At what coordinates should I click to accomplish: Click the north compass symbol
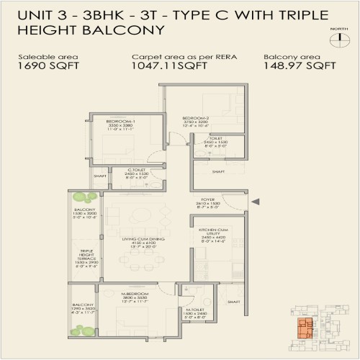click(x=335, y=38)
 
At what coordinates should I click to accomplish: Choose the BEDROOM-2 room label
click(x=196, y=118)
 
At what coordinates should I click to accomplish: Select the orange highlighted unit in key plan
click(x=305, y=330)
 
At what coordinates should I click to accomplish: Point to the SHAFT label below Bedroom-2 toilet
click(x=218, y=171)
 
